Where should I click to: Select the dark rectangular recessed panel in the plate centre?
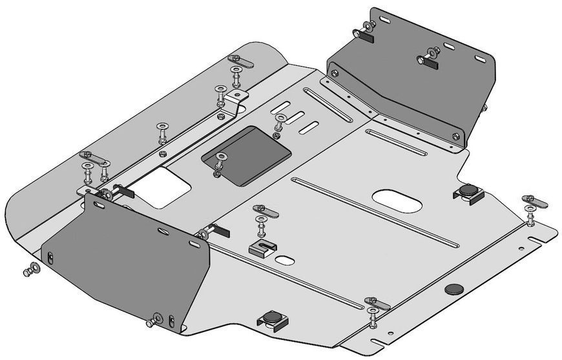(x=249, y=155)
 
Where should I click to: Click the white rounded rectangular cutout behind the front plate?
(x=165, y=187)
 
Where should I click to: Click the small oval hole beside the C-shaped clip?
(x=285, y=260)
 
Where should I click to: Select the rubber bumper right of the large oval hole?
(x=468, y=191)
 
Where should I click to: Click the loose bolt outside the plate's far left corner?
(x=30, y=272)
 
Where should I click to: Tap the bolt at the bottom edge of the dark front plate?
(x=153, y=321)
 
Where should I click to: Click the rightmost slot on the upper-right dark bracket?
(x=480, y=59)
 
